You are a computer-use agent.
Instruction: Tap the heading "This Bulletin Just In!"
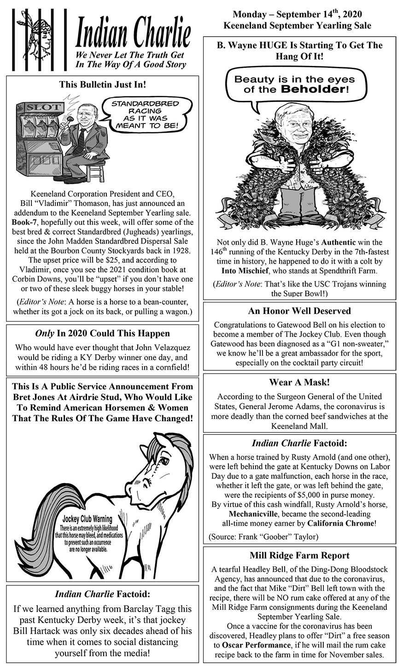[102, 85]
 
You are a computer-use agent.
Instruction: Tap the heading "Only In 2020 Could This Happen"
[102, 333]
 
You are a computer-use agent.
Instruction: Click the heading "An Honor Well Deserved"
[299, 311]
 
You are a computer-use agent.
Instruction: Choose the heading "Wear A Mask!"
[299, 382]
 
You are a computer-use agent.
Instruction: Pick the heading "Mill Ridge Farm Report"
[299, 555]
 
